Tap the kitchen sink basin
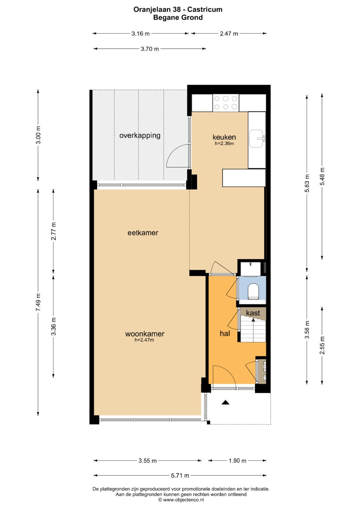pos(257,138)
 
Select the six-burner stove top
pos(226,103)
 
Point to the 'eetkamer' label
pos(143,233)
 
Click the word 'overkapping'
pos(140,136)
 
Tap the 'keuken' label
pos(224,137)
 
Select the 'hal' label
pos(225,333)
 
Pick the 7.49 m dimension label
pos(38,302)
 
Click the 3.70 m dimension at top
pos(150,49)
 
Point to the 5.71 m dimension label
pos(180,475)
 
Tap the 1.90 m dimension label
pos(237,461)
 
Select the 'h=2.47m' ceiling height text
pos(144,340)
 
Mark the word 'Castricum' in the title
pos(205,9)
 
